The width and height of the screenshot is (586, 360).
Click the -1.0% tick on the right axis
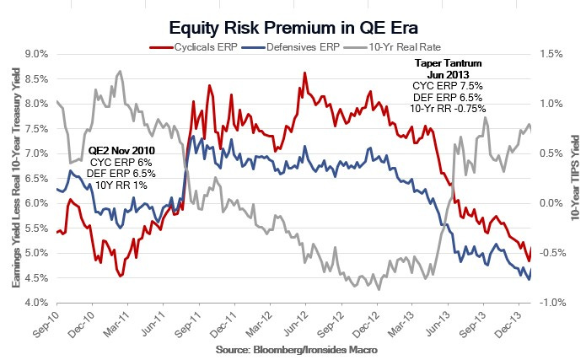[554, 303]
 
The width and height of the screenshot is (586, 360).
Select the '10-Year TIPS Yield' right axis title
[576, 178]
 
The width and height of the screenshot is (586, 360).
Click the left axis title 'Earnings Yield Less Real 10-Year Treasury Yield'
[15, 178]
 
